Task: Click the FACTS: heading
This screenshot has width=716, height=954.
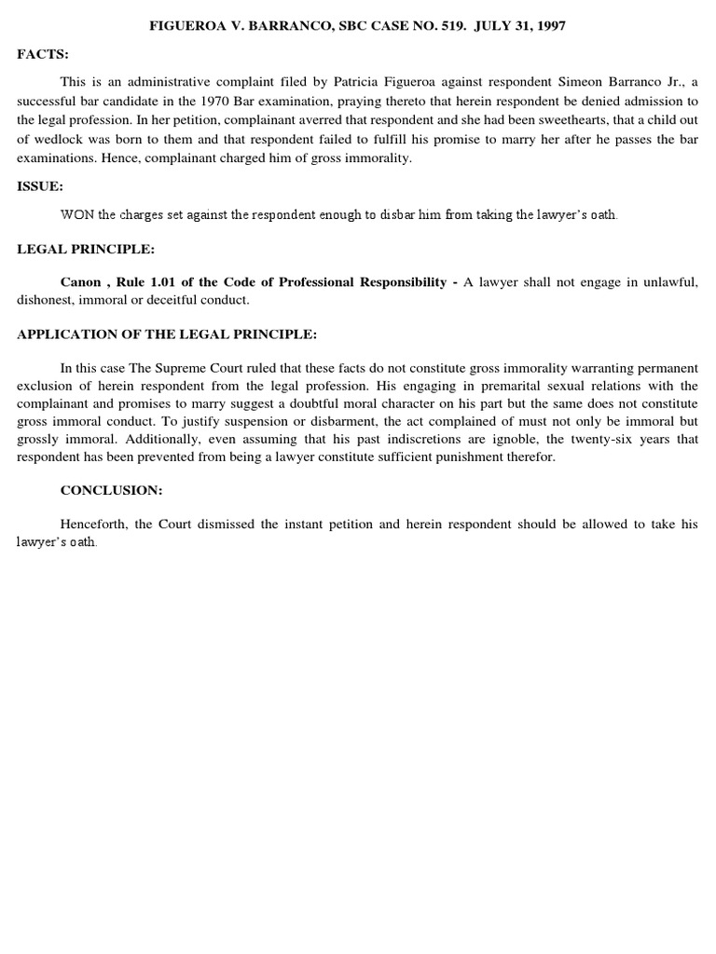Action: tap(43, 55)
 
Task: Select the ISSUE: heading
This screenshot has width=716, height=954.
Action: tap(40, 186)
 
